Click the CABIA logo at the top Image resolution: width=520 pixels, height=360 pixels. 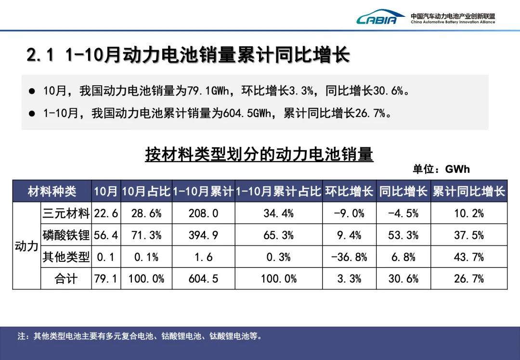[x=377, y=19]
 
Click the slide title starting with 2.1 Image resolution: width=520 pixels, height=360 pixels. [x=188, y=55]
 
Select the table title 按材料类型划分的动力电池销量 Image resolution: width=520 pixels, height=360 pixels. [x=259, y=154]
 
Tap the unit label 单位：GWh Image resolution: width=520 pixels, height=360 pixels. [x=441, y=169]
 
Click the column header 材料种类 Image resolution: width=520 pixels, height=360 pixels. [x=52, y=191]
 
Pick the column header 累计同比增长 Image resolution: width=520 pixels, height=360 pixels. [x=468, y=191]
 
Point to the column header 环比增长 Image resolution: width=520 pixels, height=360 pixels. [x=349, y=191]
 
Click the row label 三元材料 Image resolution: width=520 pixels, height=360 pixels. [x=66, y=213]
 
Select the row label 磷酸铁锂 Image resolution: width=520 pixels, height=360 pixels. [x=66, y=235]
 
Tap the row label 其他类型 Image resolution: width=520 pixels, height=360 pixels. [x=66, y=257]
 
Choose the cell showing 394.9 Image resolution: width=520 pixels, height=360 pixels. [x=203, y=235]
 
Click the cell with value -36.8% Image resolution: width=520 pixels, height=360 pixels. [x=349, y=257]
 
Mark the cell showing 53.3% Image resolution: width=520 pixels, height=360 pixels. [x=403, y=235]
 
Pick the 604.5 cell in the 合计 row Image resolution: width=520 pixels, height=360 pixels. [x=203, y=279]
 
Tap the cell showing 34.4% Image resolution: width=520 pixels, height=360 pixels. [x=278, y=213]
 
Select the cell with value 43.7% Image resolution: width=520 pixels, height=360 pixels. [x=468, y=257]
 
